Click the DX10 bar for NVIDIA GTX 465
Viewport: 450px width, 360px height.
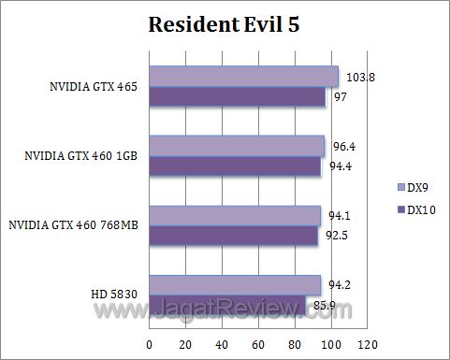point(237,96)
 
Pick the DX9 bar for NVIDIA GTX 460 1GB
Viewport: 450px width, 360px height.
point(237,146)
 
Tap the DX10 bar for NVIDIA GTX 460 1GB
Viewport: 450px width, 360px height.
point(235,166)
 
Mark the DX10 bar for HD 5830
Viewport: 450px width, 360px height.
point(227,305)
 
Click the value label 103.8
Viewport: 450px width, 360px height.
point(358,78)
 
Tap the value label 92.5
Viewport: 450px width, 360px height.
point(341,237)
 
